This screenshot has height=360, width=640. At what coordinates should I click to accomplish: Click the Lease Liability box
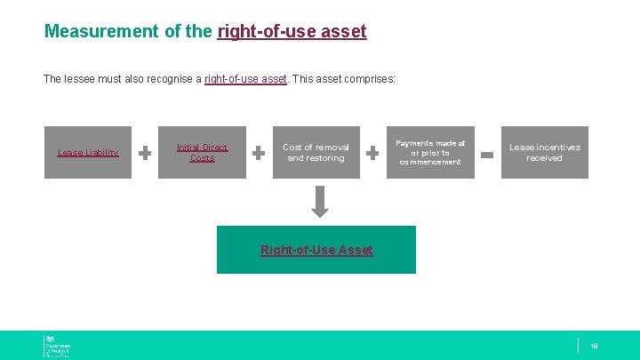pos(88,152)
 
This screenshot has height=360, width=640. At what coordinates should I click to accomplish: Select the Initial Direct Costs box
pos(202,152)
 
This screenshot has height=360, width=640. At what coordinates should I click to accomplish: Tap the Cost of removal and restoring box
pos(316,152)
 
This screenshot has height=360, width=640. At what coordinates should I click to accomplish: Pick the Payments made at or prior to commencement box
pos(430,152)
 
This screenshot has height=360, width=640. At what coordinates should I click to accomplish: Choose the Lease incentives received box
pos(544,152)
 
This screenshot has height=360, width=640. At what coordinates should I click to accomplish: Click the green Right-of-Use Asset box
pos(316,250)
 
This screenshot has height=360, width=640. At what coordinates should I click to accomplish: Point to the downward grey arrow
pos(320,201)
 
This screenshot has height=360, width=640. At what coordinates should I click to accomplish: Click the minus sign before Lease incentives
pos(487,154)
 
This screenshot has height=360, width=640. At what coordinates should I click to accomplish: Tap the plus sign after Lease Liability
pos(145,153)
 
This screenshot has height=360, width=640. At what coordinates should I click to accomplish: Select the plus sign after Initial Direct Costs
pos(259,153)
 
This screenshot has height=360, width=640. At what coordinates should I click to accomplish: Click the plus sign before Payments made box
pos(373,153)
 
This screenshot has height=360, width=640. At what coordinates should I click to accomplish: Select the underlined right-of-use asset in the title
pos(292,31)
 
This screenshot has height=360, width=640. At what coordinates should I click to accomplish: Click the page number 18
pos(594,346)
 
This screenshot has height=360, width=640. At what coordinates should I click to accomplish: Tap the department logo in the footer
pos(57,346)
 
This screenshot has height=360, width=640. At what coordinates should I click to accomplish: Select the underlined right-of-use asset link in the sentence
pos(245,79)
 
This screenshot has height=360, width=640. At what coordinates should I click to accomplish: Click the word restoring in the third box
pos(326,158)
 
